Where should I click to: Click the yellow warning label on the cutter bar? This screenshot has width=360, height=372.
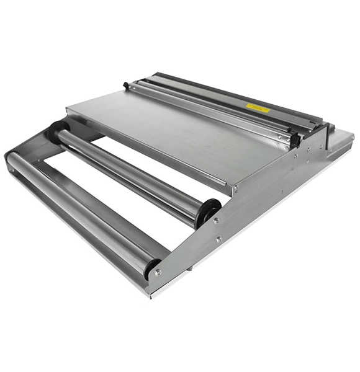click(x=258, y=108)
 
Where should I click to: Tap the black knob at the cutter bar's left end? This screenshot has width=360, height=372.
click(x=127, y=84)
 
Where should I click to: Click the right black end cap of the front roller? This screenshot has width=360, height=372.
click(x=150, y=268)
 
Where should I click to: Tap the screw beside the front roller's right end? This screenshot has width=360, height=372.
click(x=158, y=272)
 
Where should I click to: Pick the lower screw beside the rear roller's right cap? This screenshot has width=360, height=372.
click(x=218, y=239)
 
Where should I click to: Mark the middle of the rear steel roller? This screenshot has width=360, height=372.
click(x=133, y=172)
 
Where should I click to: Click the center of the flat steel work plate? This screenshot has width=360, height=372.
click(x=180, y=133)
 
